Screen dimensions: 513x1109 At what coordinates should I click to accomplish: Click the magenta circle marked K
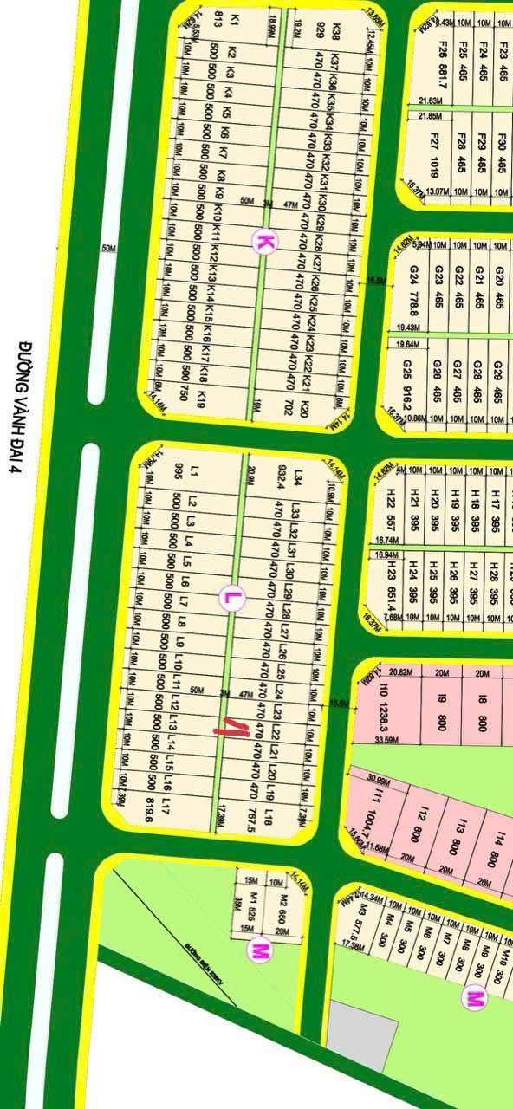coord(263,242)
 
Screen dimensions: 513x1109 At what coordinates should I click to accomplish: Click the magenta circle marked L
coord(231,597)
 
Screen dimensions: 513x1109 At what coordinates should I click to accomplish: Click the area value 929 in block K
coord(321,33)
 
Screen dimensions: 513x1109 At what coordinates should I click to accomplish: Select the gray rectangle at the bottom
coord(360,1035)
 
